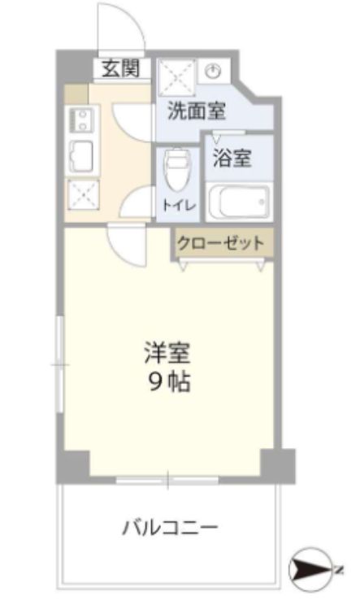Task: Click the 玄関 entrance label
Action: tap(120, 68)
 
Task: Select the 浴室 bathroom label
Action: tap(232, 158)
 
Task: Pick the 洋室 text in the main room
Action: tap(169, 354)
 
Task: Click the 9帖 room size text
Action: tap(169, 381)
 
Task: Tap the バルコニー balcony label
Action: tap(170, 528)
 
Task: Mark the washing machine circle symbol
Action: tap(214, 72)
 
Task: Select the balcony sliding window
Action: tap(167, 481)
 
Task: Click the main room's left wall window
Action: tap(59, 363)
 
